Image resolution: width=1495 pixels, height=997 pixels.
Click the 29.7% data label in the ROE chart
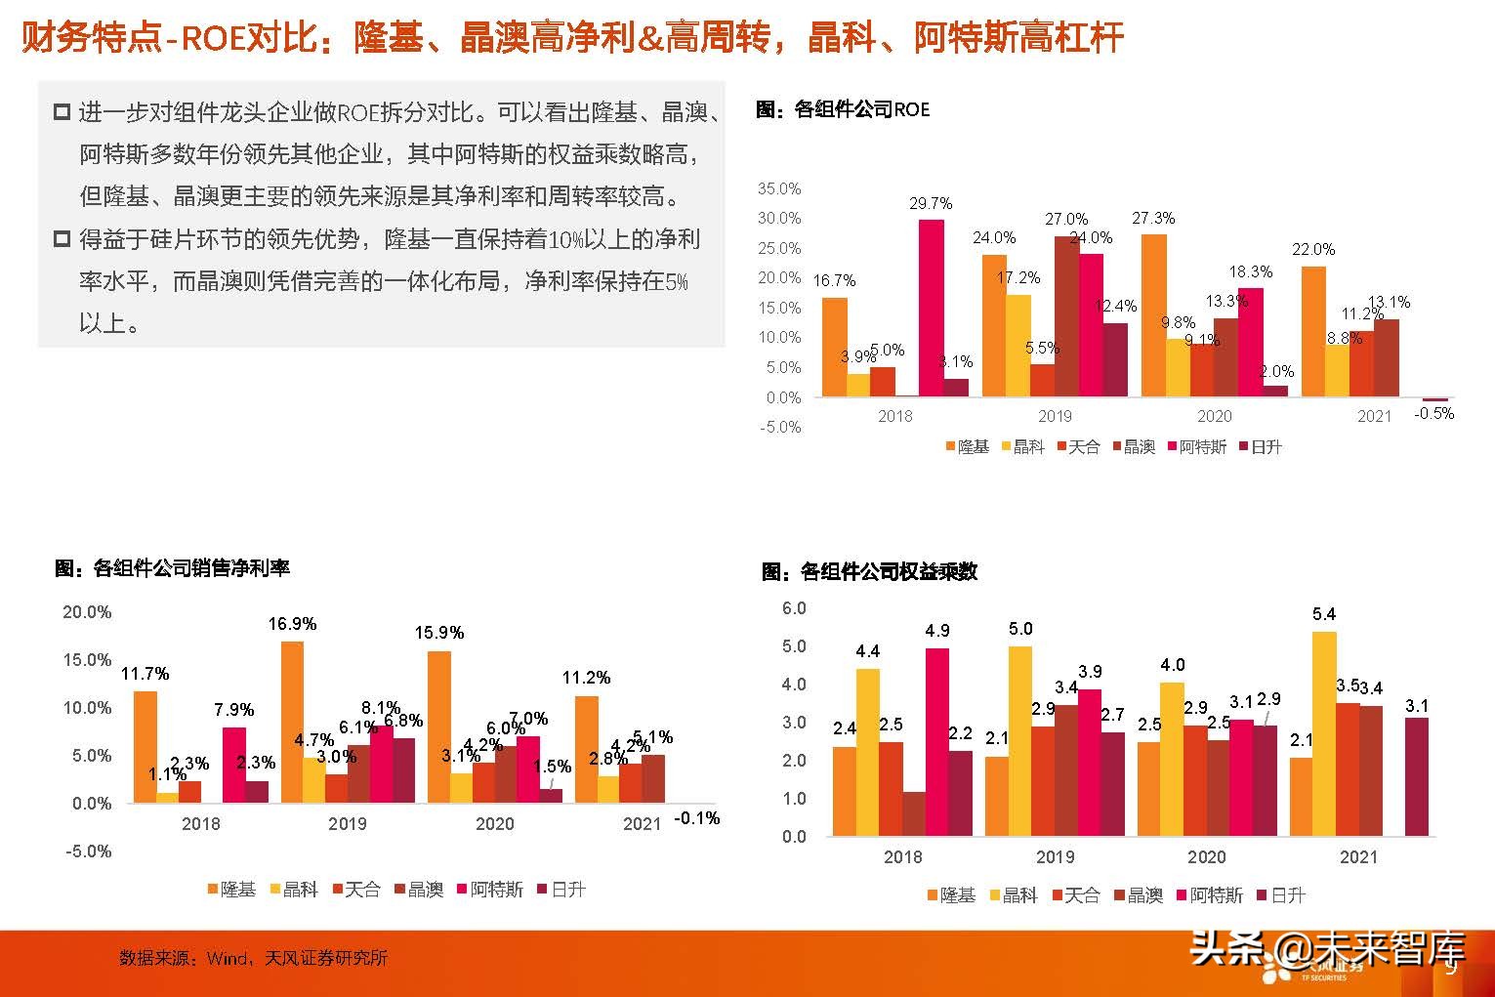[x=930, y=204]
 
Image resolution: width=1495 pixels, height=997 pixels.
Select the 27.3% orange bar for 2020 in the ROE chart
[x=1153, y=314]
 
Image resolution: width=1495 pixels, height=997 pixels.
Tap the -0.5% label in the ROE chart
[x=1433, y=413]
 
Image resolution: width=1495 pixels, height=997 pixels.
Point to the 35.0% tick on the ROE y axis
[x=779, y=188]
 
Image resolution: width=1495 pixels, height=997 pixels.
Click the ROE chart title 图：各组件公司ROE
[x=842, y=109]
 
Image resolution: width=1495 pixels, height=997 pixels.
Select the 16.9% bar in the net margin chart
[x=292, y=722]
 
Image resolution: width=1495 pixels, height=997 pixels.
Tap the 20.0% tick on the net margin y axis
[x=87, y=612]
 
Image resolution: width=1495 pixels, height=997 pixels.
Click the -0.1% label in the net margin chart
[x=696, y=818]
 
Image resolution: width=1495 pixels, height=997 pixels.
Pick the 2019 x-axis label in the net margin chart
[x=347, y=823]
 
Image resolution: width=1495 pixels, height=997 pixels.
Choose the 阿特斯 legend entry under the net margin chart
[x=489, y=890]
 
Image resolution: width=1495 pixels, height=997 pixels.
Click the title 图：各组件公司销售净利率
[x=172, y=568]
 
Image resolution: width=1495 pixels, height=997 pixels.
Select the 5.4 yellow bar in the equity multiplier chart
[x=1324, y=733]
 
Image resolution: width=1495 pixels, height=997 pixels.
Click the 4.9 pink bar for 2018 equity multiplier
[x=936, y=742]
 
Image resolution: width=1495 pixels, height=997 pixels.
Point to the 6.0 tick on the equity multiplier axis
[x=794, y=608]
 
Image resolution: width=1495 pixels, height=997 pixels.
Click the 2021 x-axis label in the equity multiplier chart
[x=1357, y=857]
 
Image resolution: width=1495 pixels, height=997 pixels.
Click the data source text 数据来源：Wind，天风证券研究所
[x=253, y=958]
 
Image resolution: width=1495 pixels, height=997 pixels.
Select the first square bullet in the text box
[x=62, y=112]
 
